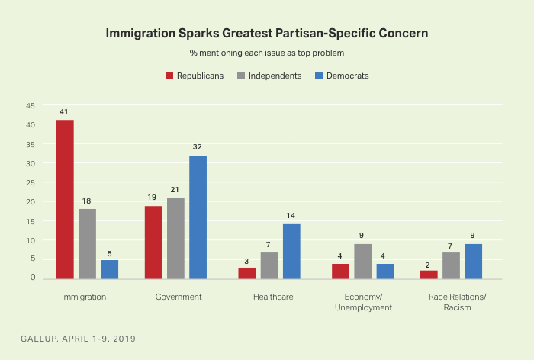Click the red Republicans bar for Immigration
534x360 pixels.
click(x=65, y=199)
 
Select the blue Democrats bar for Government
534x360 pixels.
click(x=198, y=217)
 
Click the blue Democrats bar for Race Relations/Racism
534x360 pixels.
click(x=474, y=262)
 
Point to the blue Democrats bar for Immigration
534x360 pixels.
click(x=109, y=269)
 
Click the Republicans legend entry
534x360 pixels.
click(x=195, y=76)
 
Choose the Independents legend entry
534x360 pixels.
click(x=270, y=76)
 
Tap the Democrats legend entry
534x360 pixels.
click(x=343, y=76)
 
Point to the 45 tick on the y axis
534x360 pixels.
click(x=30, y=105)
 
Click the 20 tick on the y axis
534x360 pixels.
click(x=30, y=202)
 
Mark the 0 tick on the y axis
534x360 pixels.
click(x=33, y=278)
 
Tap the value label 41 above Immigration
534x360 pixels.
click(x=65, y=112)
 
